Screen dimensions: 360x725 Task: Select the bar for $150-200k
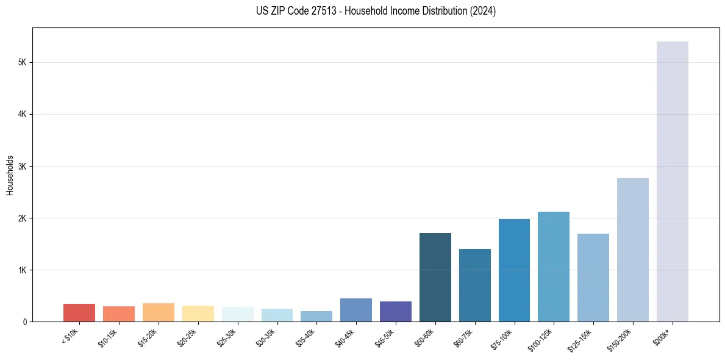633,250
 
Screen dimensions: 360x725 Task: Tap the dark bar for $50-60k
435,277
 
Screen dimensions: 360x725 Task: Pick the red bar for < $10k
79,312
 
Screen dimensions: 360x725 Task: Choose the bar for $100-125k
554,267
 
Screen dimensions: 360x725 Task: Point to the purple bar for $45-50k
396,311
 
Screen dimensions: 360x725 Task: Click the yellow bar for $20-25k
198,314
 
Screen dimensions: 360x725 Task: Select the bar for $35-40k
316,316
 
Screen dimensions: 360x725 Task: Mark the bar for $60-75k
475,285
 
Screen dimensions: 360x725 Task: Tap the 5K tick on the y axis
25,62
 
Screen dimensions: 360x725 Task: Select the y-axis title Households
10,175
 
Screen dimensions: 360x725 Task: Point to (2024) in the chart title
482,11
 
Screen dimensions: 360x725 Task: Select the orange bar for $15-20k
159,312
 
